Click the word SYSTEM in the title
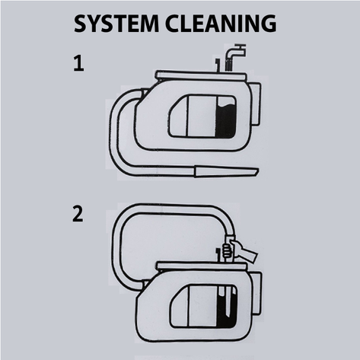[x=116, y=24]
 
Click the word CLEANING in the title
[x=221, y=24]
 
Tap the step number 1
[x=78, y=64]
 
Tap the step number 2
[x=78, y=214]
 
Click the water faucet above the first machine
[x=235, y=56]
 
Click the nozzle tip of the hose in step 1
[x=226, y=171]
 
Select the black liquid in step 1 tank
[x=226, y=120]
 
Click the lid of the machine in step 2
[x=202, y=266]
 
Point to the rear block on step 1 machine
[x=256, y=104]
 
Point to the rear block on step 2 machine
[x=256, y=293]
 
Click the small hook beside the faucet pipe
[x=217, y=65]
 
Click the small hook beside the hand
[x=218, y=255]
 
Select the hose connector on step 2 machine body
[x=145, y=283]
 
